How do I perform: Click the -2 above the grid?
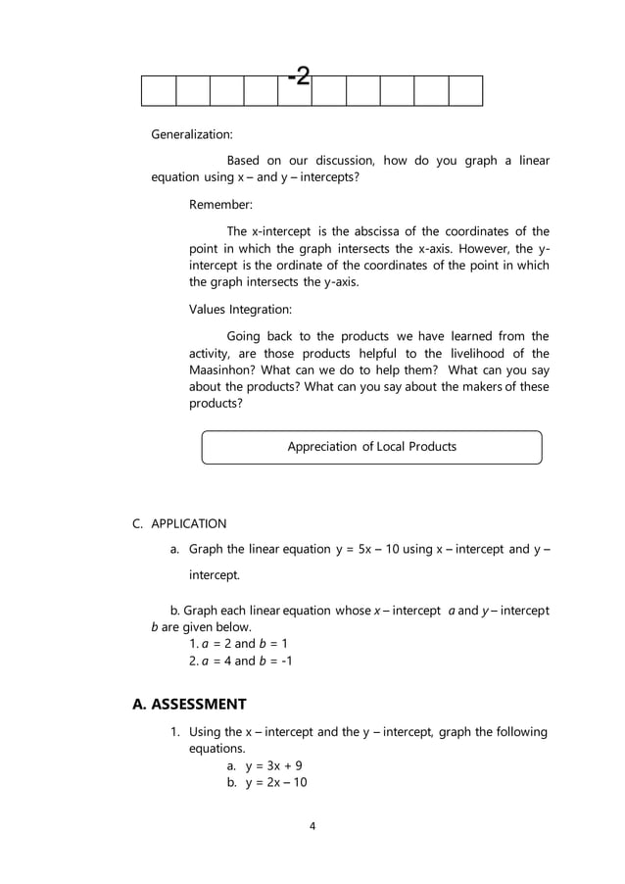(300, 76)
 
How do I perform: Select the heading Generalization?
(191, 134)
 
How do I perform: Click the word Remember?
(220, 205)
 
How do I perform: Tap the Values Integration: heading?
(240, 310)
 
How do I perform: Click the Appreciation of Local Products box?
(371, 447)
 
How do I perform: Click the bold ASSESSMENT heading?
(189, 704)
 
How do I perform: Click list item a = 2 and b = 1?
(237, 643)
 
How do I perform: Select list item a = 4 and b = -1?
(240, 661)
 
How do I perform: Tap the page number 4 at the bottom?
(312, 826)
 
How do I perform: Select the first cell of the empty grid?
(159, 90)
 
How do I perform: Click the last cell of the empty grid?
(465, 90)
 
